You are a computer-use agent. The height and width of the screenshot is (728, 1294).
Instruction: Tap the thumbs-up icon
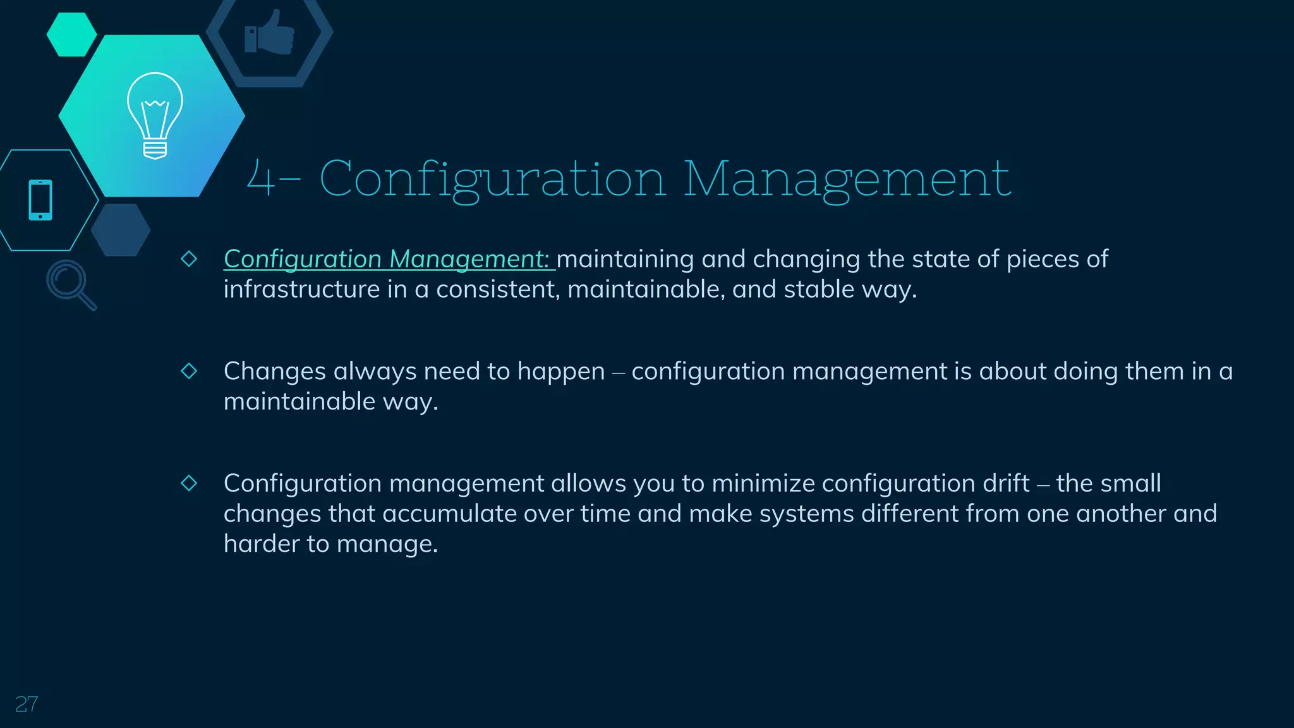(270, 33)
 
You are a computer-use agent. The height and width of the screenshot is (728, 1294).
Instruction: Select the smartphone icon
(40, 200)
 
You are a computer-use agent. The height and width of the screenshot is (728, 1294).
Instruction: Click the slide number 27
(27, 704)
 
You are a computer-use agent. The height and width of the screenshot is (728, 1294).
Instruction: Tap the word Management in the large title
(847, 179)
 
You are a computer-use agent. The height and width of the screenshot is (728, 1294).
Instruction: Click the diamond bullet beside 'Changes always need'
(189, 371)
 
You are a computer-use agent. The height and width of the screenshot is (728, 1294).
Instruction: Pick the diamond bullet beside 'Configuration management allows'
(189, 483)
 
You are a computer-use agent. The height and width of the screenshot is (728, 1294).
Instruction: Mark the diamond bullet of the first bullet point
(189, 258)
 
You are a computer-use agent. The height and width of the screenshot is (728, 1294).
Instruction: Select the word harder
(262, 544)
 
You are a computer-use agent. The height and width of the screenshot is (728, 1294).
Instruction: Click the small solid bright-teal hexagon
(71, 35)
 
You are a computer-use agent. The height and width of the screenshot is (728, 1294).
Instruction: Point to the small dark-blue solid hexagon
(121, 230)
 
